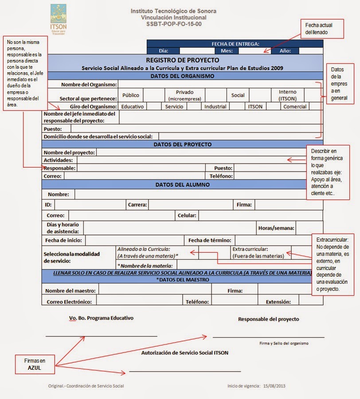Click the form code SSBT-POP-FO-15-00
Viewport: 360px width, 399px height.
point(174,24)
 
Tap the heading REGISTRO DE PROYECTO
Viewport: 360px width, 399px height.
point(183,60)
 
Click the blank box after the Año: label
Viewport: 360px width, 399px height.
point(311,51)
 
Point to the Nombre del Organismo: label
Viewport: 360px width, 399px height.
point(89,84)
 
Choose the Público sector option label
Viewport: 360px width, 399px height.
point(131,95)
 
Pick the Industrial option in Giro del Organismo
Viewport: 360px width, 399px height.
point(215,106)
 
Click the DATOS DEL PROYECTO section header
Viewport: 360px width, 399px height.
point(183,144)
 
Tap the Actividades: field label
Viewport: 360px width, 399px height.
point(59,160)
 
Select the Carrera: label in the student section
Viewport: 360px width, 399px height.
point(137,204)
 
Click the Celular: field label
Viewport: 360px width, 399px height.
point(187,215)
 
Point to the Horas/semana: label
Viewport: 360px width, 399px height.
point(276,228)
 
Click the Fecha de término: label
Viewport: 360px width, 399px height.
point(210,240)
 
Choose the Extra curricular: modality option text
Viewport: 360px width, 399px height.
point(250,249)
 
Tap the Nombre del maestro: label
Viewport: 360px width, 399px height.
point(71,291)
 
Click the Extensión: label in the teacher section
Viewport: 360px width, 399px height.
point(278,302)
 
